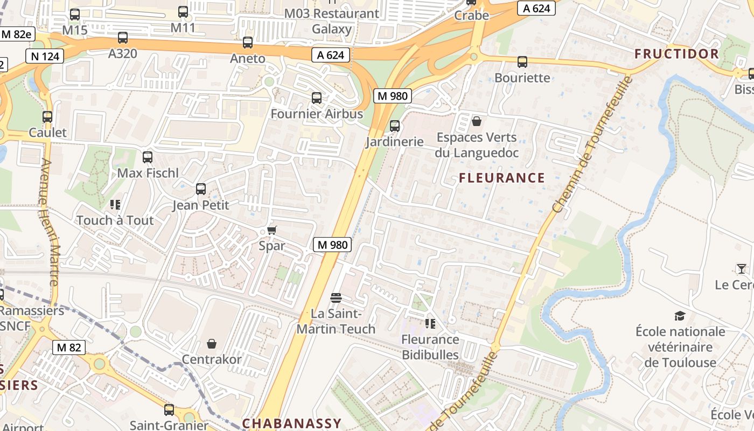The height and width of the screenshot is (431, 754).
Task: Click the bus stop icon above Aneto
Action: (248, 43)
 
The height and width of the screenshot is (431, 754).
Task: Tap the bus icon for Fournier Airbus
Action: (317, 98)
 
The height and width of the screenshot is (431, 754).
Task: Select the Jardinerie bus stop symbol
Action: (395, 126)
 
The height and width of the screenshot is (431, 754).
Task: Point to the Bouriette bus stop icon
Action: (522, 62)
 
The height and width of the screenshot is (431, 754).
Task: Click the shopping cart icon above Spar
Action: (272, 230)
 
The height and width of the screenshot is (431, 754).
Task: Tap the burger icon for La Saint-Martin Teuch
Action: (336, 297)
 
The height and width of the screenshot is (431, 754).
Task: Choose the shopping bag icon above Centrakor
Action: (212, 343)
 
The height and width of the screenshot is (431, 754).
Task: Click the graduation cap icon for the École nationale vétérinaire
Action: (680, 316)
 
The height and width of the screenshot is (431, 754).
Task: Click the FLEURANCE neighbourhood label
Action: (502, 178)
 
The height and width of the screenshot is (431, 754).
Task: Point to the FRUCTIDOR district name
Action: (676, 54)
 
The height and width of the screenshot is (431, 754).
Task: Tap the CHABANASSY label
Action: (291, 423)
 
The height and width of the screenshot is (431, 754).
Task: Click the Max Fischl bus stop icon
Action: (147, 157)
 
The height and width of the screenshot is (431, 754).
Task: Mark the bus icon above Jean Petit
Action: (201, 189)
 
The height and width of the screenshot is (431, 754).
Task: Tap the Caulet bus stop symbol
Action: (47, 117)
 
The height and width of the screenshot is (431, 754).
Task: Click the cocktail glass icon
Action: (742, 268)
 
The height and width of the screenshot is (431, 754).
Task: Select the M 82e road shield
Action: (17, 34)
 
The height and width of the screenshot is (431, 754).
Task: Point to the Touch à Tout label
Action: (115, 220)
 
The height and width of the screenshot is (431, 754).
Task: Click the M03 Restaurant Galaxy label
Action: (332, 21)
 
